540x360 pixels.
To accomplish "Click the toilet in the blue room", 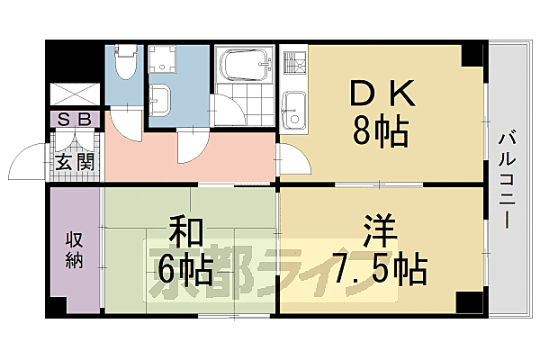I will click(x=126, y=63).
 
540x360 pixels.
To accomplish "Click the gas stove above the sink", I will click(x=294, y=65).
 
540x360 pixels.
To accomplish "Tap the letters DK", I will click(x=380, y=94).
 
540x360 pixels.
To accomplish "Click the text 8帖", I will click(x=380, y=133).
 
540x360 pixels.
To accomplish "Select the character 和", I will click(x=185, y=231).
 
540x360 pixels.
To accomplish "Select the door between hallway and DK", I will click(x=294, y=159).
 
